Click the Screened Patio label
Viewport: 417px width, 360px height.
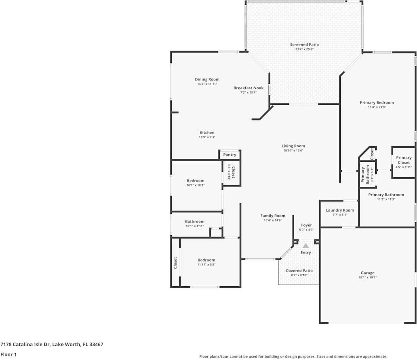304,44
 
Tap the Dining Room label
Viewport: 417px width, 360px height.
207,79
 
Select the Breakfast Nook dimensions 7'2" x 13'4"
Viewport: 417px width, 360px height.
248,93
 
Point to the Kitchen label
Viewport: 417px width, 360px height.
207,133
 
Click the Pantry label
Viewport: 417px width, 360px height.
230,155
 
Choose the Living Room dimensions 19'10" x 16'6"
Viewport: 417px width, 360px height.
293,150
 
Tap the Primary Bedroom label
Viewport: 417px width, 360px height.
377,103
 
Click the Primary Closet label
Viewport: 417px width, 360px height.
403,160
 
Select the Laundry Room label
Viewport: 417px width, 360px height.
340,210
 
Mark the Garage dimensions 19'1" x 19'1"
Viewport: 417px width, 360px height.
367,278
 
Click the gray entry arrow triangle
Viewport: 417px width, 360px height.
306,246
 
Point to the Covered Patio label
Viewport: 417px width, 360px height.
299,271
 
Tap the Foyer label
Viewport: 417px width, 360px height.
306,225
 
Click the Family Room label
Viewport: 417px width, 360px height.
273,216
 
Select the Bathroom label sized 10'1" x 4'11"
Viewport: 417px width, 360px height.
195,222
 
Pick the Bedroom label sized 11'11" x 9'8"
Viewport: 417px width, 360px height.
206,260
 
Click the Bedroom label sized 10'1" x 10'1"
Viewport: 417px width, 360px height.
195,181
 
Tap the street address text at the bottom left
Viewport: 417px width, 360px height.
52,345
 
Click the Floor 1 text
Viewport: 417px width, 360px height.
8,354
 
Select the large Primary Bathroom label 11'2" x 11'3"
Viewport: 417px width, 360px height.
386,195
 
